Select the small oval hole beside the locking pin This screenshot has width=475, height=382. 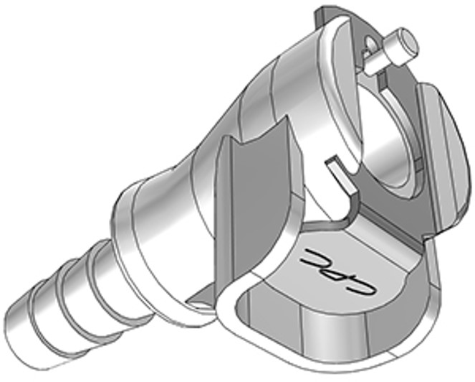coord(370,48)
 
